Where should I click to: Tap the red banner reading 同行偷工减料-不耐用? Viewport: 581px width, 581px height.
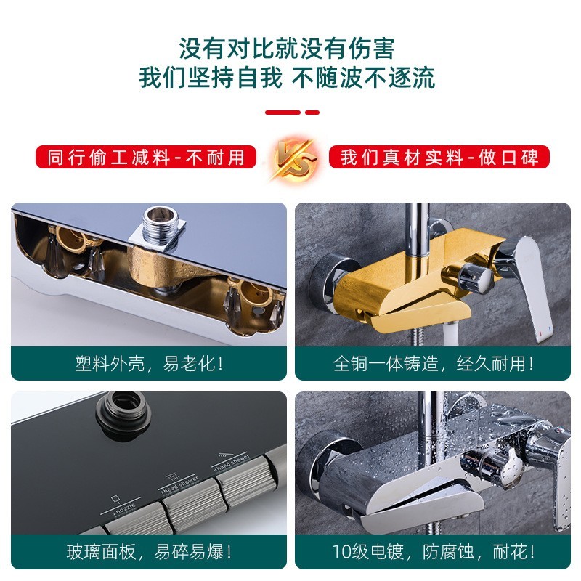(x=146, y=157)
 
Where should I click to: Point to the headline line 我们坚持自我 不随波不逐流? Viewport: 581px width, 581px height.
(x=290, y=78)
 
